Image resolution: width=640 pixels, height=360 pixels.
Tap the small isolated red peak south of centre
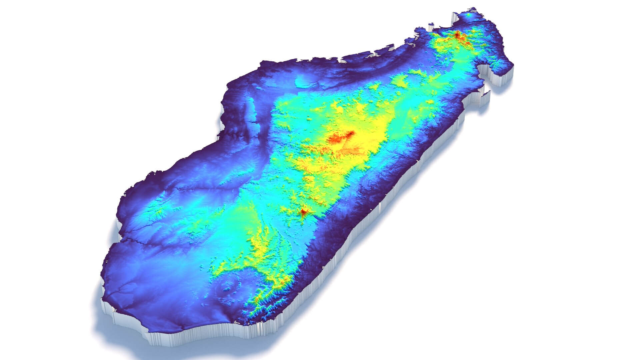pos(303,211)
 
